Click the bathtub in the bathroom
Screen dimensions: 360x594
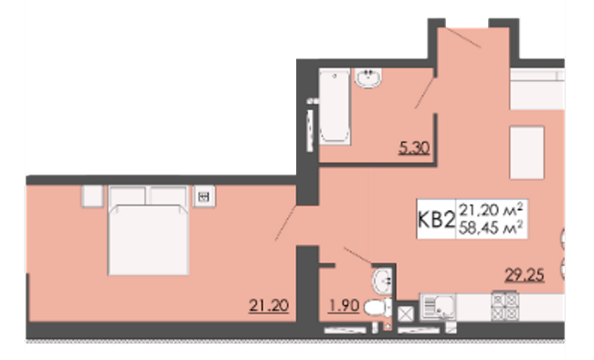(x=334, y=110)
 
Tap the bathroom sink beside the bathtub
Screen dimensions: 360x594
(x=370, y=80)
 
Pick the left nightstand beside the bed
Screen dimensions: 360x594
(x=90, y=196)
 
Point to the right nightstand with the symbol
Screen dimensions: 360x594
(x=203, y=196)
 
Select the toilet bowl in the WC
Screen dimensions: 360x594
(x=375, y=309)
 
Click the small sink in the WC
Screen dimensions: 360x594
(x=382, y=279)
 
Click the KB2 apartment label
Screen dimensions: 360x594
(x=437, y=220)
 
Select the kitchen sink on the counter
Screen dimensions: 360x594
(x=440, y=306)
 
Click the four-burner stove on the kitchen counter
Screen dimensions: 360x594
(x=504, y=305)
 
